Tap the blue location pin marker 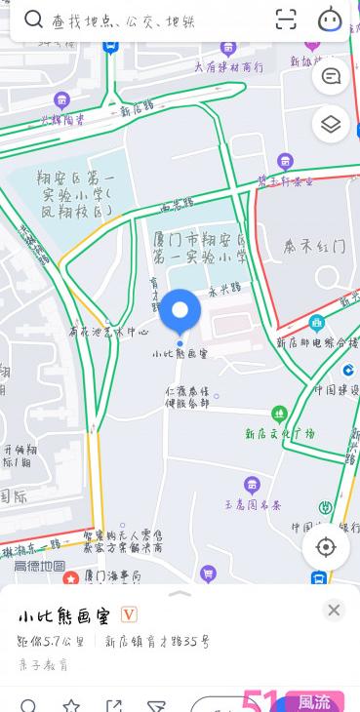[180, 311]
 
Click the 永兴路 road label [224, 289]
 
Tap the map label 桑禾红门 [314, 247]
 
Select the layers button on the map [331, 124]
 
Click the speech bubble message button [331, 76]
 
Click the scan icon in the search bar [286, 20]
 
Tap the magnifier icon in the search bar [34, 20]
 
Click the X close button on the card [334, 610]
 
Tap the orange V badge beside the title [128, 614]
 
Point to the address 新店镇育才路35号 [157, 642]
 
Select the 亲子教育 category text [43, 664]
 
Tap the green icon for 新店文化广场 [279, 415]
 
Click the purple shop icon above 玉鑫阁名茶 [252, 485]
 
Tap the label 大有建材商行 [227, 67]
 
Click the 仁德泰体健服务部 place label [186, 396]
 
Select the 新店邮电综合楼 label [317, 342]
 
